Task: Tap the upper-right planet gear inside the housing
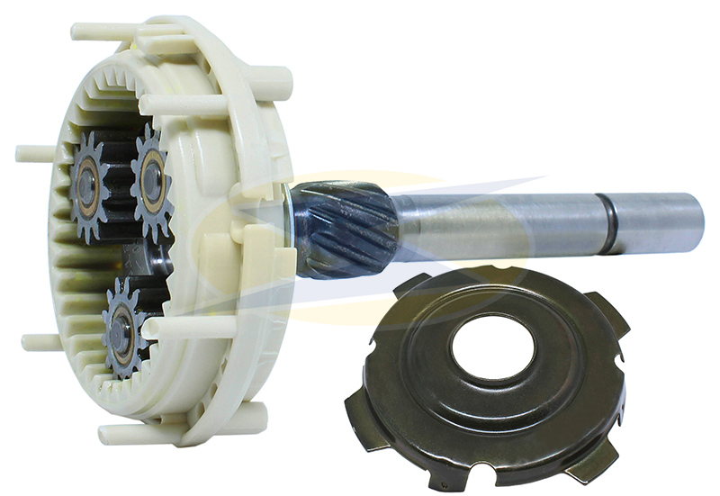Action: point(151,179)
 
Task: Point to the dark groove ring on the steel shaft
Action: point(611,223)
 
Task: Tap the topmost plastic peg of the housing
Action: point(99,31)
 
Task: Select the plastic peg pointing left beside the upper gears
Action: point(33,153)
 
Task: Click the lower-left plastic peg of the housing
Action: point(40,342)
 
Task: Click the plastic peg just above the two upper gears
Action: point(171,105)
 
